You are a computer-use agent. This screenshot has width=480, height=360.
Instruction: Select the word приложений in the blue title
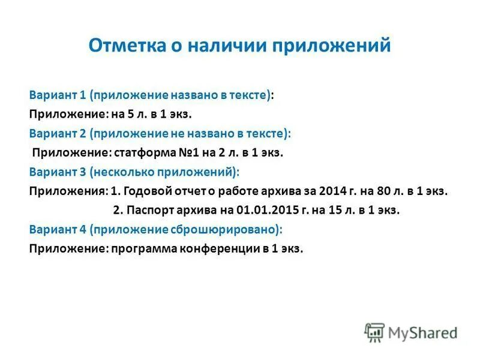[x=328, y=45]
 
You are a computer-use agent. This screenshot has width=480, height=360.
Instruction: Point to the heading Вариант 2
[x=58, y=133]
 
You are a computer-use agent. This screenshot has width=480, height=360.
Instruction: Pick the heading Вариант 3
[x=58, y=172]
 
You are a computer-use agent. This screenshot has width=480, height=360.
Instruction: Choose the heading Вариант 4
[x=58, y=229]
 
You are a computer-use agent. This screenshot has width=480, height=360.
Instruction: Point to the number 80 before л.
[x=383, y=191]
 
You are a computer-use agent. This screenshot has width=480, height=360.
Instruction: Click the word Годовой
[x=144, y=191]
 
